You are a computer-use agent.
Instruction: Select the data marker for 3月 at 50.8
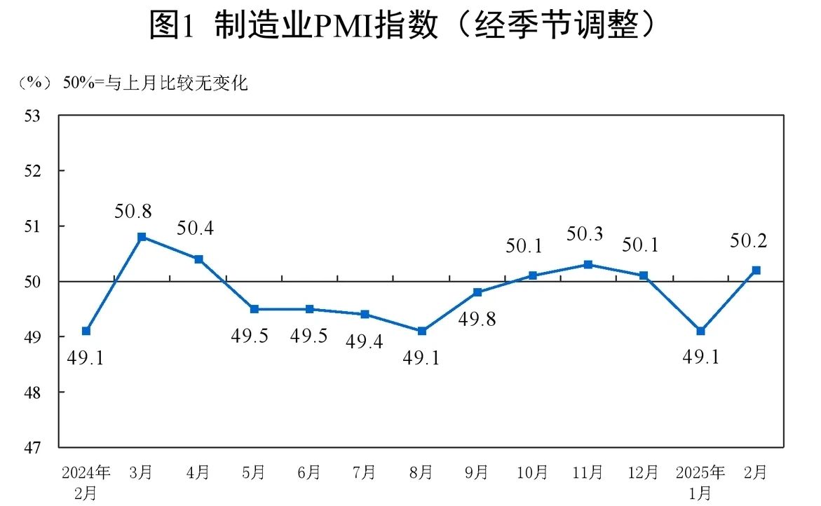[142, 237]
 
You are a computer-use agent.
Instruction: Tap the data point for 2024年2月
[86, 331]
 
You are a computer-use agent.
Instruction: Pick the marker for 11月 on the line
[588, 264]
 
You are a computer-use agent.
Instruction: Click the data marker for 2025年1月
[700, 331]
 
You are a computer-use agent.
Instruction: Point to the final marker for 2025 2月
[756, 270]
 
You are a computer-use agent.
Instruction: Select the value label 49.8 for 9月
[477, 320]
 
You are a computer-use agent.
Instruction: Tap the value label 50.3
[585, 235]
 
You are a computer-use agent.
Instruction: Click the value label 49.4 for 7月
[365, 343]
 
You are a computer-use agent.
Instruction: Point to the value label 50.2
[749, 241]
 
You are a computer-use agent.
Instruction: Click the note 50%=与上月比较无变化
[156, 84]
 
